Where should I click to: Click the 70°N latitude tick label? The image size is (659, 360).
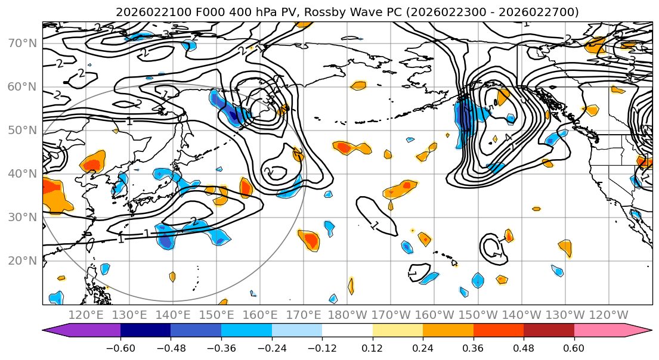pos(23,44)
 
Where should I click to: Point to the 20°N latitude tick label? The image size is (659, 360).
pos(23,261)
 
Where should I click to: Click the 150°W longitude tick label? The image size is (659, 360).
pos(478,315)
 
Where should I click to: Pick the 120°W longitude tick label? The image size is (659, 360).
pos(608,315)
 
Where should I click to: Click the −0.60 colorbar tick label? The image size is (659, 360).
pos(120,347)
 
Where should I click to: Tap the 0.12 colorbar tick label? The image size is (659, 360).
pos(372,347)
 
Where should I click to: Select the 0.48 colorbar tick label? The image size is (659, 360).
pos(524,347)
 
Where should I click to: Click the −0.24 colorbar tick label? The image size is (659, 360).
pos(271,347)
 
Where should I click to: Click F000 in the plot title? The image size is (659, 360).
pos(194,12)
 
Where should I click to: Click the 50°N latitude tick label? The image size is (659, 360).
pos(23,131)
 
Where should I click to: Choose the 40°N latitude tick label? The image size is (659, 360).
pos(23,174)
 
